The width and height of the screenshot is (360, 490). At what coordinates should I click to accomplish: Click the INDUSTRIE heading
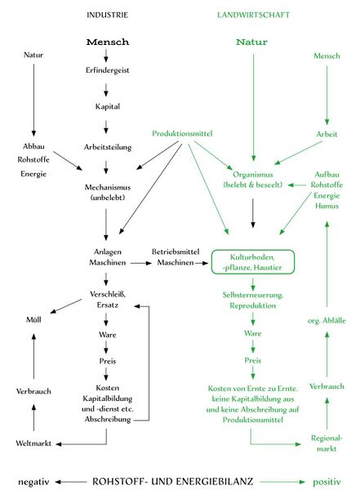[107, 15]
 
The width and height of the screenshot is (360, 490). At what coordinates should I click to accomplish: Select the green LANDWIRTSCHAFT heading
[253, 15]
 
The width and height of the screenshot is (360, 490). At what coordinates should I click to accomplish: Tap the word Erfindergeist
[107, 70]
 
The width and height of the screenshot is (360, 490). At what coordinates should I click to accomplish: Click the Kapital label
[108, 106]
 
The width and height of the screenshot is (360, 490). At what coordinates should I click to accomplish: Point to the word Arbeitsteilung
[108, 147]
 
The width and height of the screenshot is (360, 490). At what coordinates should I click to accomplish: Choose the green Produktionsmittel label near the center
[182, 133]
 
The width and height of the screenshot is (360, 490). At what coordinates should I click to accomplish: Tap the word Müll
[33, 319]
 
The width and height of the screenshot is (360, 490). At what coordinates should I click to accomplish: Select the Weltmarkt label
[33, 443]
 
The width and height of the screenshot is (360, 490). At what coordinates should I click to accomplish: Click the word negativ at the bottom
[33, 482]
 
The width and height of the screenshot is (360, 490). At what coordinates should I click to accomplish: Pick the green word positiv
[327, 482]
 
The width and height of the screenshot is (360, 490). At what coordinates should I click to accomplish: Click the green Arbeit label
[327, 134]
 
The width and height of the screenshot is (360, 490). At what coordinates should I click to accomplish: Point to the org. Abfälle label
[327, 321]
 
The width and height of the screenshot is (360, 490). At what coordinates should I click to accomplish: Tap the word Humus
[327, 206]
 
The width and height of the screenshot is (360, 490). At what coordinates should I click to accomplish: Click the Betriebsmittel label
[176, 252]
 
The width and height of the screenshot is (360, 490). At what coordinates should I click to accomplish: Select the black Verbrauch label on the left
[33, 391]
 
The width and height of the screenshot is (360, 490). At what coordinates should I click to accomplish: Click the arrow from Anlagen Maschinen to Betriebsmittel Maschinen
[141, 264]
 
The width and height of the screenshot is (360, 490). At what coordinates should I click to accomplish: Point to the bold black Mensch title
[108, 42]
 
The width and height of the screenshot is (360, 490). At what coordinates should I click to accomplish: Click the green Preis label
[253, 360]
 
